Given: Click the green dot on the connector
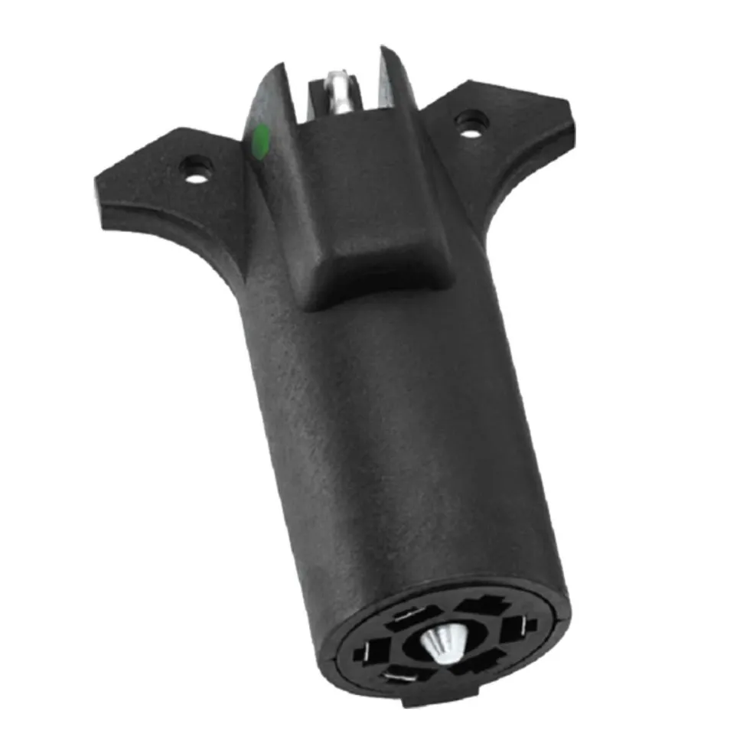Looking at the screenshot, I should click(x=260, y=142).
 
